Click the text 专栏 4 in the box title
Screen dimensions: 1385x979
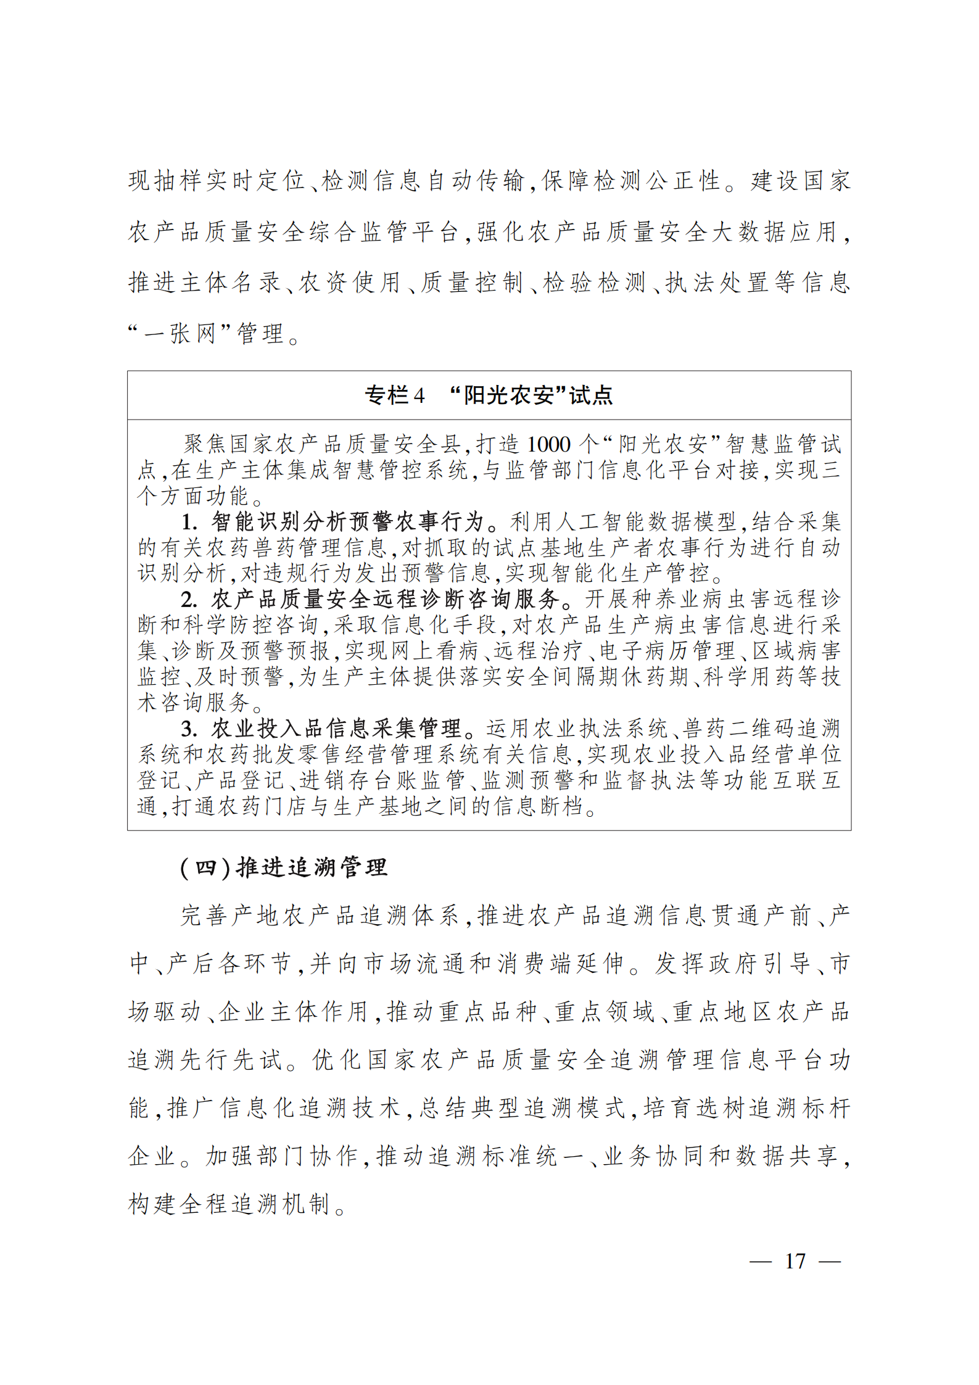click(394, 395)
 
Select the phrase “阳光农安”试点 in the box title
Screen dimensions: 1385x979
click(531, 395)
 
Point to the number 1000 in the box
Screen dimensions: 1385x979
click(548, 444)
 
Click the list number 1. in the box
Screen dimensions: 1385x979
click(189, 523)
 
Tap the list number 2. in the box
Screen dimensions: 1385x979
click(189, 600)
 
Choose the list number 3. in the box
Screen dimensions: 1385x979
click(189, 729)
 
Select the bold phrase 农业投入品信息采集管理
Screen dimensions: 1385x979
click(336, 729)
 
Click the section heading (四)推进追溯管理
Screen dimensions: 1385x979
click(283, 867)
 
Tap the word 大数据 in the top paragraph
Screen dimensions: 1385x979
click(750, 232)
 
